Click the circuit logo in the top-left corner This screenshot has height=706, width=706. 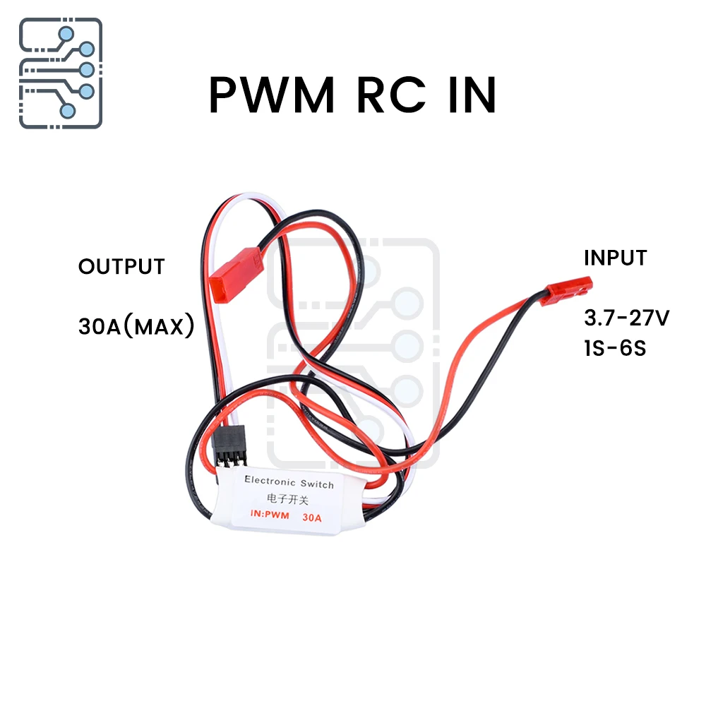[x=61, y=73]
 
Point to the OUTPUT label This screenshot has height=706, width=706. [x=121, y=267]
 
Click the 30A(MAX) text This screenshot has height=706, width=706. [x=136, y=327]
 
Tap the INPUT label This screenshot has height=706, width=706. [x=615, y=258]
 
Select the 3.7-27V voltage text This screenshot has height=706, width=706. [x=626, y=318]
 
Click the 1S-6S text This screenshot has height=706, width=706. [x=615, y=348]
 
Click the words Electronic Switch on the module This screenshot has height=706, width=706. [x=289, y=483]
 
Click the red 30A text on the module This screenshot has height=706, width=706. [x=311, y=517]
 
